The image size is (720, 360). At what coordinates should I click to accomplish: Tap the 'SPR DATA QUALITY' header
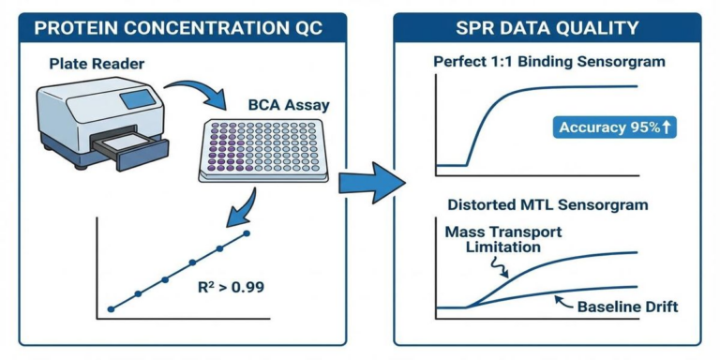547,28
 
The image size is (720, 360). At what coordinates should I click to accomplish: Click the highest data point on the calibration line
247,233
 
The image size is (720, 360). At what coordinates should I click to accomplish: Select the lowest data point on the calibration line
111,307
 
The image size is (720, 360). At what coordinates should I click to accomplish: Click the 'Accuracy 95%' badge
614,127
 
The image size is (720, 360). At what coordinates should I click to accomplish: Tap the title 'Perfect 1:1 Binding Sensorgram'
547,62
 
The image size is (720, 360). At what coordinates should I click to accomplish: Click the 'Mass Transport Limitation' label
493,239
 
